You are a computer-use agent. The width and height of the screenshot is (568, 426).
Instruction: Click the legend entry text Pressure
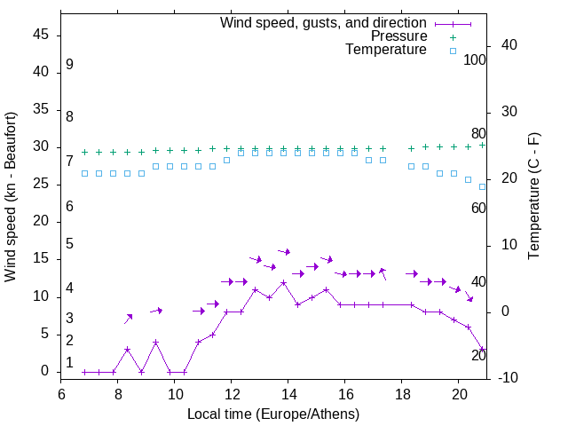coord(398,36)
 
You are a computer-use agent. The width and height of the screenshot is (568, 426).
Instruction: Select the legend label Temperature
coord(386,51)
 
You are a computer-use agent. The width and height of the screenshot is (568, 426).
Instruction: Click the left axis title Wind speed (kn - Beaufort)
coord(11,197)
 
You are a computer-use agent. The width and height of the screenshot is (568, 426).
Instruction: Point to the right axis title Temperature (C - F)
coord(533,197)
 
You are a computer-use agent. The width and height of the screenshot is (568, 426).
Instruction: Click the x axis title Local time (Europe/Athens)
coord(273,414)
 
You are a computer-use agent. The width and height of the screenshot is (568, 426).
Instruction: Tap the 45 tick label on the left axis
coord(42,36)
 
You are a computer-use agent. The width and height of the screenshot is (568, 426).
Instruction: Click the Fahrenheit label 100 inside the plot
coord(475,60)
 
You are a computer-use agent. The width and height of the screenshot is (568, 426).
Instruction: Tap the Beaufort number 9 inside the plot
coord(69,65)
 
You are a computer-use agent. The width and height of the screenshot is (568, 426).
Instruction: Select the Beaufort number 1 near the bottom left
coord(69,362)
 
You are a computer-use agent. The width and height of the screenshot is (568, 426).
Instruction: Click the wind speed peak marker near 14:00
coord(283,283)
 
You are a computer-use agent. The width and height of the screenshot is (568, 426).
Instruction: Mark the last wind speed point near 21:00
coord(482,350)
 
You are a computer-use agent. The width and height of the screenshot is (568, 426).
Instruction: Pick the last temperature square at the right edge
coord(482,186)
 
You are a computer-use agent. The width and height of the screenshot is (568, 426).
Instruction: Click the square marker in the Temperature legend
coord(452,51)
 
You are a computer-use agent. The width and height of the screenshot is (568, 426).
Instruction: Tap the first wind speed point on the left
coord(84,372)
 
